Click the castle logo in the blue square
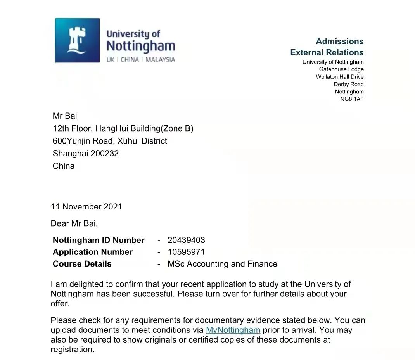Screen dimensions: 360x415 pos(77,40)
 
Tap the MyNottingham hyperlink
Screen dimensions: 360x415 pos(233,330)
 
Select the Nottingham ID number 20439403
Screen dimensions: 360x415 pos(186,240)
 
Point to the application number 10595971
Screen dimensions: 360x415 pos(186,252)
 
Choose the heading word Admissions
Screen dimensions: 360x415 pos(340,42)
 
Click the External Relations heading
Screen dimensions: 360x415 pos(327,52)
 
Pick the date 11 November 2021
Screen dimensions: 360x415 pos(86,207)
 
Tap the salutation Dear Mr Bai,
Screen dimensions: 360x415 pos(74,223)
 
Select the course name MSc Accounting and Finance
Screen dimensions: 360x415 pos(222,264)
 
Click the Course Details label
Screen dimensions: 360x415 pos(82,264)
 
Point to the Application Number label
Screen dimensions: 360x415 pos(93,252)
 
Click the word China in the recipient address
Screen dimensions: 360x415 pos(64,166)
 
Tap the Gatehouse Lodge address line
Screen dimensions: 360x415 pos(341,69)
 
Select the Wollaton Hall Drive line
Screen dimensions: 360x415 pos(340,77)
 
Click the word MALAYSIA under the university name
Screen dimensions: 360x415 pos(160,60)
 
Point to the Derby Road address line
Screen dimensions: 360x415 pos(349,84)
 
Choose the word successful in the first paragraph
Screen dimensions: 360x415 pos(154,294)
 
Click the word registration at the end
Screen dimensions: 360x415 pos(72,349)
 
